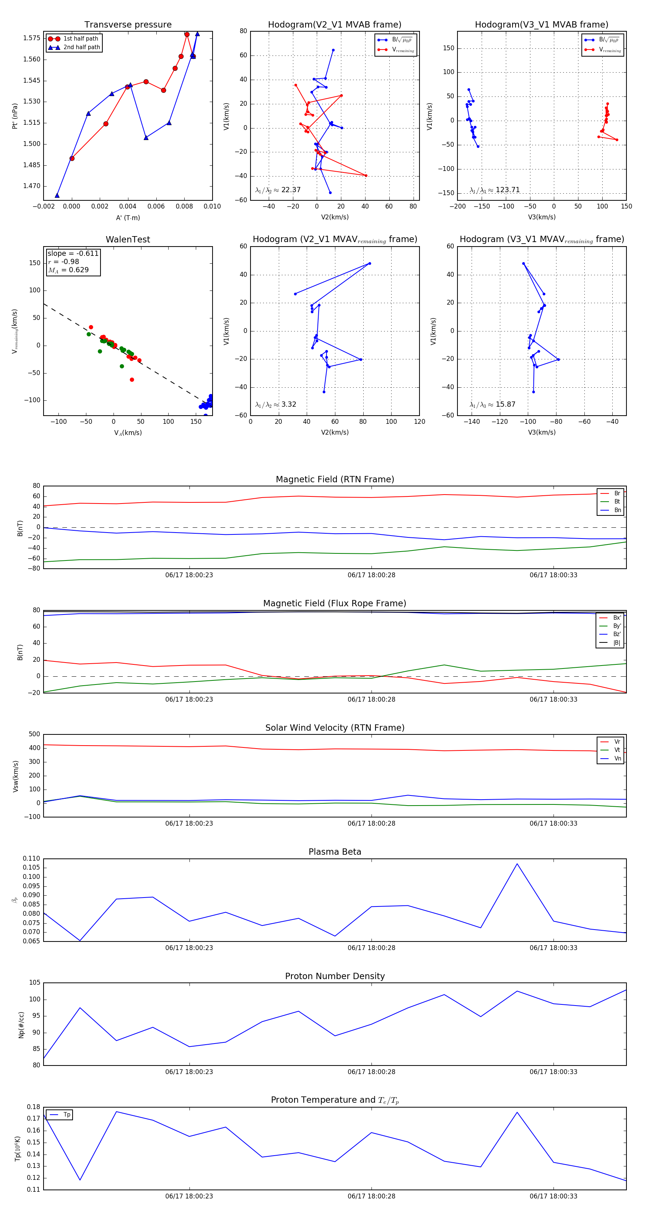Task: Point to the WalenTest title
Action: click(128, 239)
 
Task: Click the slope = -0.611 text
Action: click(73, 253)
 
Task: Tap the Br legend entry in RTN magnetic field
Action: click(617, 493)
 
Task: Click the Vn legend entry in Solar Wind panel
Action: click(618, 759)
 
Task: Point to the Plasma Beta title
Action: click(335, 852)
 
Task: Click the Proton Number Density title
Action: click(335, 976)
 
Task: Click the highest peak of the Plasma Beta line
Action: click(517, 864)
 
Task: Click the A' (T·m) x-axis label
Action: click(128, 217)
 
